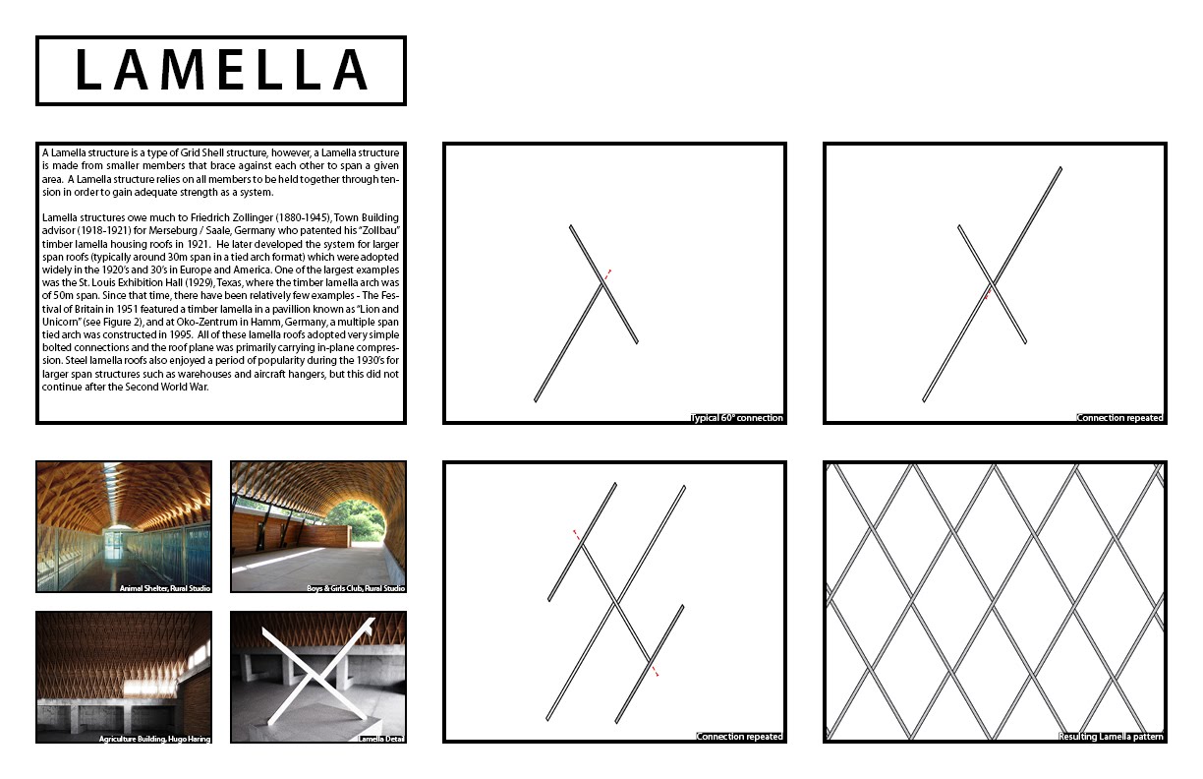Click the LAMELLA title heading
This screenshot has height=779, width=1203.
tap(221, 71)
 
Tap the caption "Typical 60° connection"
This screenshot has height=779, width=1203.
tap(737, 418)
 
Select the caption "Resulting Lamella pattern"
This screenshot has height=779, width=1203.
tap(1112, 737)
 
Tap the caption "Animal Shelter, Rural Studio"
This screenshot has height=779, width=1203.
tap(164, 588)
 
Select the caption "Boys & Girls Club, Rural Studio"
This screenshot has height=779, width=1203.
tap(355, 588)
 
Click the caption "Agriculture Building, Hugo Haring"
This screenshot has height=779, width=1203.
tap(154, 738)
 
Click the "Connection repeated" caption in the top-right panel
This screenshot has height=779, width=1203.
tap(1120, 418)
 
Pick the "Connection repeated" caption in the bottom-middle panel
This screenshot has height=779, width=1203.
tap(740, 737)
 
